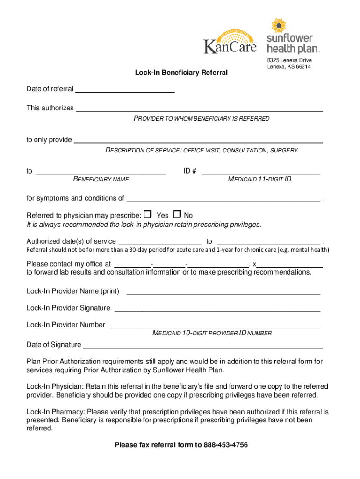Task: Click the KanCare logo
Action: (230, 41)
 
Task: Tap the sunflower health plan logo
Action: (289, 36)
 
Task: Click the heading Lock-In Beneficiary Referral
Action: (181, 73)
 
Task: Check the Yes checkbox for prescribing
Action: (148, 215)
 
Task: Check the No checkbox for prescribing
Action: (177, 215)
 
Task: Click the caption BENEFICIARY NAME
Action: (101, 180)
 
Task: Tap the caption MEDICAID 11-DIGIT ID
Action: (259, 180)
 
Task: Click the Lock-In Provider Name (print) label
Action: (72, 291)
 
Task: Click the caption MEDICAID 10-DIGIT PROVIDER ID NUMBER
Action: (212, 334)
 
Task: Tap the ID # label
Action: (189, 171)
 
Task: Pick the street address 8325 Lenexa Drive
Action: (289, 61)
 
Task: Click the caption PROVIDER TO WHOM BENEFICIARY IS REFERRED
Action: (202, 119)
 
